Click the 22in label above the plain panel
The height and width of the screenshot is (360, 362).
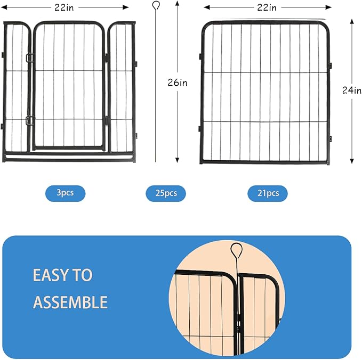point(266,7)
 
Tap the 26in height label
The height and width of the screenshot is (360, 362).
point(178,82)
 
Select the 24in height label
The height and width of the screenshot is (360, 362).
point(352,90)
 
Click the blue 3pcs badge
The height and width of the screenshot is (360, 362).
point(65,193)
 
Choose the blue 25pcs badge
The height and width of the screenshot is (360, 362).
point(166,193)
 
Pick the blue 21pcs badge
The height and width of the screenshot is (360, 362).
point(267,193)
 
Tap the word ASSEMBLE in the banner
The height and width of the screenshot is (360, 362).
point(70,302)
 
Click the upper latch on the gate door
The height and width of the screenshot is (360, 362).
point(29,58)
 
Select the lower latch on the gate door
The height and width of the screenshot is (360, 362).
point(29,120)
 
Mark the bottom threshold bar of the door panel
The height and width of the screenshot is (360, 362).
point(69,158)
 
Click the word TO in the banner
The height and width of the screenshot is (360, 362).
point(83,275)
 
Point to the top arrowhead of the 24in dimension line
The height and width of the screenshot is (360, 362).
point(352,21)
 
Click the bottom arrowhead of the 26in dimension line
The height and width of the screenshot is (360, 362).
point(178,160)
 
